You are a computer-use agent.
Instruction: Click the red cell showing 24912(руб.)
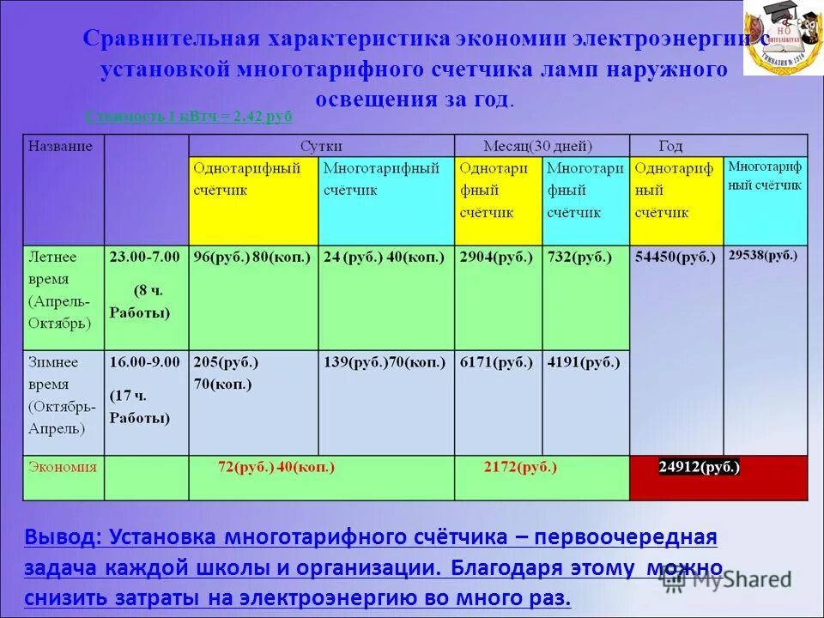click(700, 468)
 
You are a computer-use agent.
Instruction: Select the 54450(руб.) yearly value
click(675, 257)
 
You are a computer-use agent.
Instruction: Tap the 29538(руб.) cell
click(762, 255)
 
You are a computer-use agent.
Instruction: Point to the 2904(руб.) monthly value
click(496, 257)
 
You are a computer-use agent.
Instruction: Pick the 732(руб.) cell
click(579, 257)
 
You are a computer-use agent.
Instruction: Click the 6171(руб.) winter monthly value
click(496, 362)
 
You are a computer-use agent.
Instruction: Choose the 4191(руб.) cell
click(583, 362)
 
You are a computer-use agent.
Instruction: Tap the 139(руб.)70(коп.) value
click(385, 362)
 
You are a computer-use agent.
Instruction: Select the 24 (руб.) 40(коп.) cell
click(384, 257)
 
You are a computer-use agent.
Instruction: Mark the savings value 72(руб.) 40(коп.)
click(276, 468)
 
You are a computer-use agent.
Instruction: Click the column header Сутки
click(321, 146)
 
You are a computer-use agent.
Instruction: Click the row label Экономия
click(63, 468)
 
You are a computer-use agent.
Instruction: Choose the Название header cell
click(60, 146)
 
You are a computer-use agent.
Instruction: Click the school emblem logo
click(782, 39)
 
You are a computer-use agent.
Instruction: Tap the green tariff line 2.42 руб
click(189, 118)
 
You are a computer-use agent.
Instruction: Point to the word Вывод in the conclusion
click(60, 537)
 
